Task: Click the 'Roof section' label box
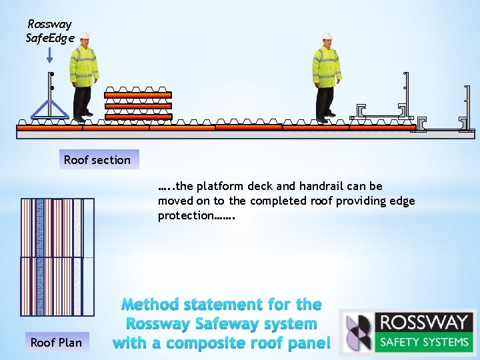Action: pos(97,160)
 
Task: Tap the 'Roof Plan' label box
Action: pos(56,343)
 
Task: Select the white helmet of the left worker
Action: pos(85,37)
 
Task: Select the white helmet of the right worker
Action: pos(327,37)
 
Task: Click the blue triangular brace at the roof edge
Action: pos(50,110)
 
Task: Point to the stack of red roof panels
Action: pos(137,105)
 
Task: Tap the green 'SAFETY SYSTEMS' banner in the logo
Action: pos(424,342)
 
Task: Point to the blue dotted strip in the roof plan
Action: pos(39,257)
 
